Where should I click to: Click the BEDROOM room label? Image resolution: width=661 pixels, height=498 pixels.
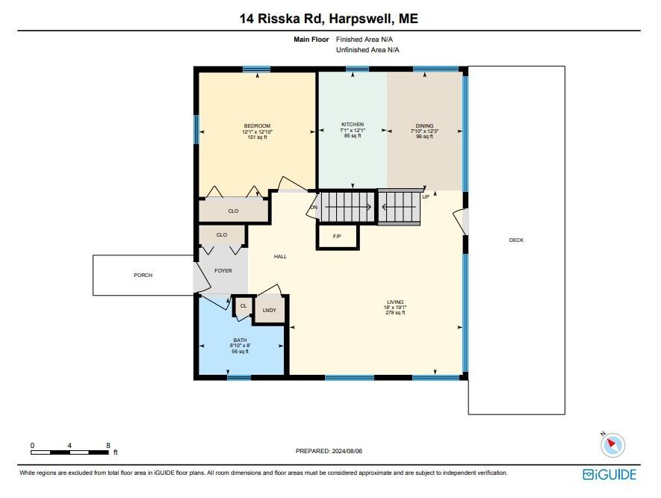[x=257, y=125]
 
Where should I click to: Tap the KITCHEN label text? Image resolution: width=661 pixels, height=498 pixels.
[x=353, y=124]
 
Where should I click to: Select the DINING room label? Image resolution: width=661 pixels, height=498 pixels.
[x=424, y=125]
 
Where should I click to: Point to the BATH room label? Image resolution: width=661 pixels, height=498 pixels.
[x=240, y=340]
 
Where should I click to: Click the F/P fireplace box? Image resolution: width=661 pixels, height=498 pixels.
[x=338, y=236]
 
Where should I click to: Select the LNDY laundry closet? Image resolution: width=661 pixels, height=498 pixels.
[x=270, y=310]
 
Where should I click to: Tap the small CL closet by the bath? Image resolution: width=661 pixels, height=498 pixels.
[x=243, y=305]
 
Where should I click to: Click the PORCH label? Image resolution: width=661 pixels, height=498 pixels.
[x=143, y=276]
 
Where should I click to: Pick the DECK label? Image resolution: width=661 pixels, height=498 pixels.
[x=516, y=240]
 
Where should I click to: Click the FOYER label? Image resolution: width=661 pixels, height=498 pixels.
[x=223, y=271]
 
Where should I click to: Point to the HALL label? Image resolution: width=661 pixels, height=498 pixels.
[x=280, y=256]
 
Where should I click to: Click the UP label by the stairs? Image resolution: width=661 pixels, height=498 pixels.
[x=426, y=197]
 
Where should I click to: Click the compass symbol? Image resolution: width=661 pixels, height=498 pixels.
[x=612, y=444]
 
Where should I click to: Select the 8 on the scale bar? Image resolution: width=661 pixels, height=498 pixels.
[x=108, y=445]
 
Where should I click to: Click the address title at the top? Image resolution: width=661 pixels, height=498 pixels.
[x=329, y=19]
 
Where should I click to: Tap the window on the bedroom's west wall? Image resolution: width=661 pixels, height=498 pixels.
[x=197, y=129]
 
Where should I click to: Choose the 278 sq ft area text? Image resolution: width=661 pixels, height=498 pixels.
[x=395, y=313]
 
